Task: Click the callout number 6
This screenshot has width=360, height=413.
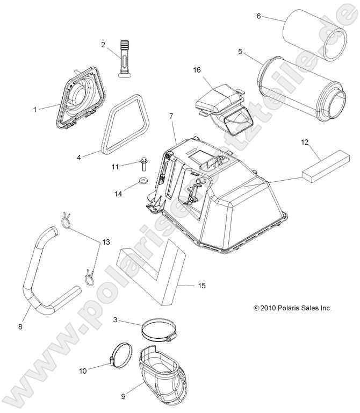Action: pos(258,17)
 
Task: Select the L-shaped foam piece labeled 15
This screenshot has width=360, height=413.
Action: pos(150,269)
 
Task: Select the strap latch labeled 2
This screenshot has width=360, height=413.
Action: pos(125,60)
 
